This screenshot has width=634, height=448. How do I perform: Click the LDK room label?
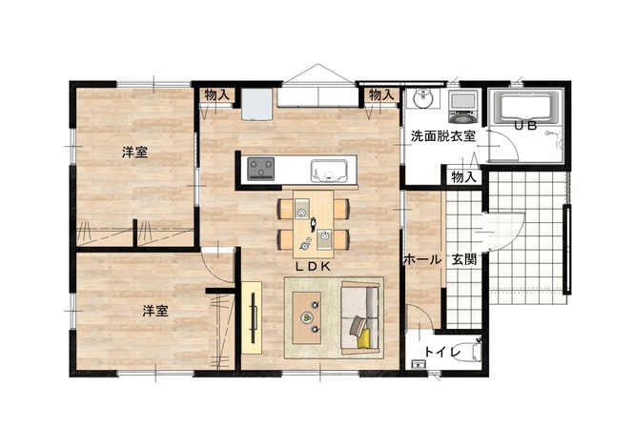click(314, 266)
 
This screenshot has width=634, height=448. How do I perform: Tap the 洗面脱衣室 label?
click(443, 136)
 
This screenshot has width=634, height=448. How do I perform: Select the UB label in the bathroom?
click(525, 126)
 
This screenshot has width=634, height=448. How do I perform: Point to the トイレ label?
click(443, 352)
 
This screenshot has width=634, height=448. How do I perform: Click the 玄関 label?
click(464, 259)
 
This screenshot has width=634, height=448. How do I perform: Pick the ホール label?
click(423, 259)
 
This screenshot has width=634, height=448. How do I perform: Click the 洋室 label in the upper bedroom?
click(135, 153)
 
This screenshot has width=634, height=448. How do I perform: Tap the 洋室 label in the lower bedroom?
click(155, 311)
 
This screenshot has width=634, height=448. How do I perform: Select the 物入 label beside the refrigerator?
click(217, 95)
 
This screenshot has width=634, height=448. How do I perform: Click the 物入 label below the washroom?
click(463, 176)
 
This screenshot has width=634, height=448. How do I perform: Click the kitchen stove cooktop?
click(261, 169)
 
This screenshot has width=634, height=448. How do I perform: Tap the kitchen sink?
click(329, 171)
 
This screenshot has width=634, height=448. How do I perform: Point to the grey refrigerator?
click(256, 104)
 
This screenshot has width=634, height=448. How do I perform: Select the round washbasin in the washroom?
click(423, 98)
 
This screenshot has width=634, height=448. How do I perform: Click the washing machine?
click(463, 107)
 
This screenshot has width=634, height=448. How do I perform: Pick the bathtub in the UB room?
click(525, 107)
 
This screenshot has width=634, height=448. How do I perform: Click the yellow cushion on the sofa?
click(363, 338)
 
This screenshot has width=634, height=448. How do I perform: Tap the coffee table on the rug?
click(306, 317)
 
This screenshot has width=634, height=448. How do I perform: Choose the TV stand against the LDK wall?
click(252, 317)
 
